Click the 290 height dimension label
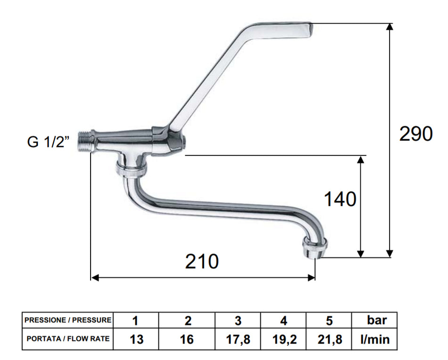tap(415, 134)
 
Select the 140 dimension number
tap(340, 199)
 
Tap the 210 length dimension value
tap(201, 262)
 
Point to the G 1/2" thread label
tap(49, 142)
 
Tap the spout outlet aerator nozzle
tap(313, 247)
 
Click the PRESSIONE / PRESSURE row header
tap(68, 320)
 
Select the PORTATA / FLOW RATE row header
tap(68, 339)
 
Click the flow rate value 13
tap(136, 339)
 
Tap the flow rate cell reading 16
tap(187, 339)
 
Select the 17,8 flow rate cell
tap(238, 339)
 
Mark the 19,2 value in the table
tap(283, 339)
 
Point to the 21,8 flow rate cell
tap(329, 339)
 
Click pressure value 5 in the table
tap(329, 321)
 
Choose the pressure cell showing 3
tap(238, 321)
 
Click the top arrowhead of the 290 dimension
tap(390, 26)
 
